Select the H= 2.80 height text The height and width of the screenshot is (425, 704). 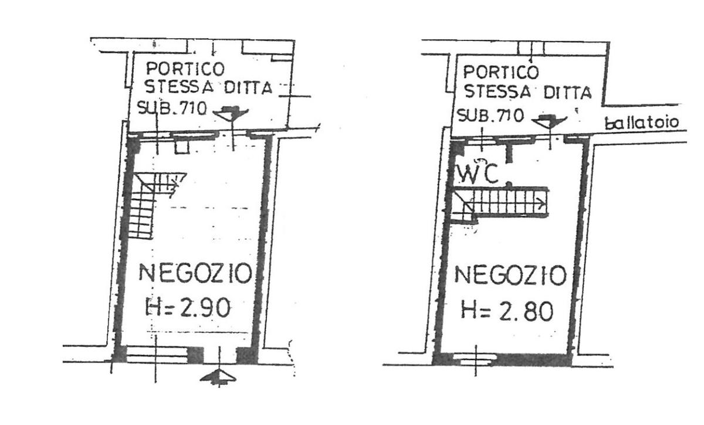tap(506, 311)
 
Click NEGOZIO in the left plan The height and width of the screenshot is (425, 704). tap(194, 274)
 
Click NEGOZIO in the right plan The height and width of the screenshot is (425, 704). tap(510, 276)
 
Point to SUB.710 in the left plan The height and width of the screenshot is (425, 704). tap(171, 108)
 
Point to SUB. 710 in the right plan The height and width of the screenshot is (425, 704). tap(490, 115)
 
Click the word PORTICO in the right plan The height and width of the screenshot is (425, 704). tap(500, 73)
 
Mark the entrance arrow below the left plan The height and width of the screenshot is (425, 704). tap(219, 376)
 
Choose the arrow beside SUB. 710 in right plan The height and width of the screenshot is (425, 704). tap(549, 121)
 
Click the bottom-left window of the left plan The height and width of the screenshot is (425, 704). tap(155, 353)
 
